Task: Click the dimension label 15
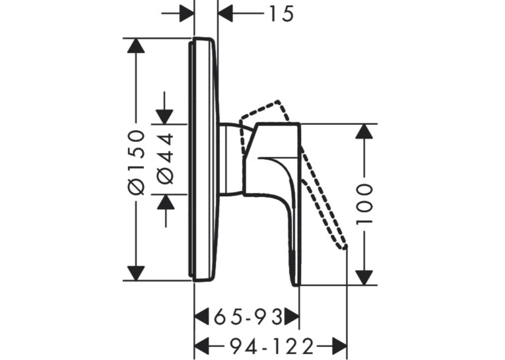click(x=281, y=14)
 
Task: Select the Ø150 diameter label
click(x=137, y=162)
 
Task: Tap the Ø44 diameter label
click(x=166, y=159)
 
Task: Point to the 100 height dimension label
click(x=364, y=204)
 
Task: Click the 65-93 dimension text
click(x=248, y=317)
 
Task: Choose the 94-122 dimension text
click(x=271, y=347)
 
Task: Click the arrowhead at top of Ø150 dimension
click(x=136, y=46)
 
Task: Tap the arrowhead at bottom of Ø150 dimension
click(x=136, y=273)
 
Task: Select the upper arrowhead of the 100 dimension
click(x=364, y=131)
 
